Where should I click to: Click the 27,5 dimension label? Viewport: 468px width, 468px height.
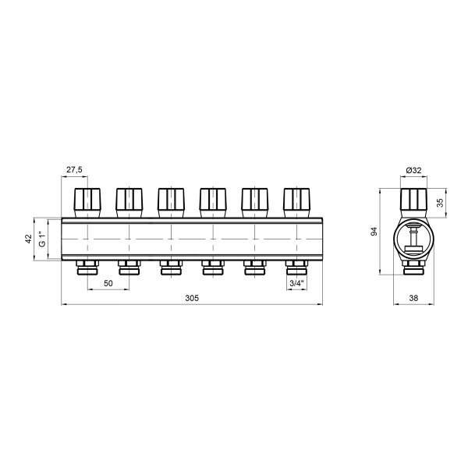74,170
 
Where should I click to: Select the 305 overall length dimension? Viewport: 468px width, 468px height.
192,298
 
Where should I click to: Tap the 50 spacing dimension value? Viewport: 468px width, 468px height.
108,283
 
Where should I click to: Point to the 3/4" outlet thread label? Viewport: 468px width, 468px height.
296,283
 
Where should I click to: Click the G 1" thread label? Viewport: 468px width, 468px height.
43,239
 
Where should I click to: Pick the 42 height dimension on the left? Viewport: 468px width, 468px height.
28,239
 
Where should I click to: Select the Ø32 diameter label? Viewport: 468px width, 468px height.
413,170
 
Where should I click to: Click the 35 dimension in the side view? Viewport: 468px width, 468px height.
440,203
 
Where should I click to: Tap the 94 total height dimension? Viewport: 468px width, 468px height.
374,232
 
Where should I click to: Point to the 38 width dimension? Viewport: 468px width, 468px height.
413,298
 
